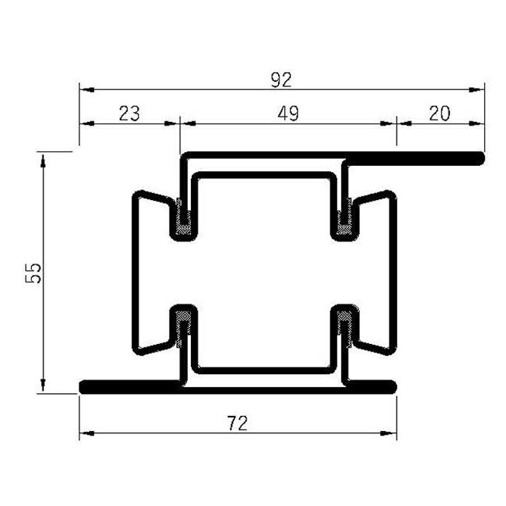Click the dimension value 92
coord(281,79)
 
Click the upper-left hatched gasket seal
coord(183,217)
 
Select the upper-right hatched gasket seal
coord(347,217)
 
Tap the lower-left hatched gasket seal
coord(183,326)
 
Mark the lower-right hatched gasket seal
coord(347,326)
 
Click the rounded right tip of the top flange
coord(479,158)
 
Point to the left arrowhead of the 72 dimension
coord(86,434)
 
